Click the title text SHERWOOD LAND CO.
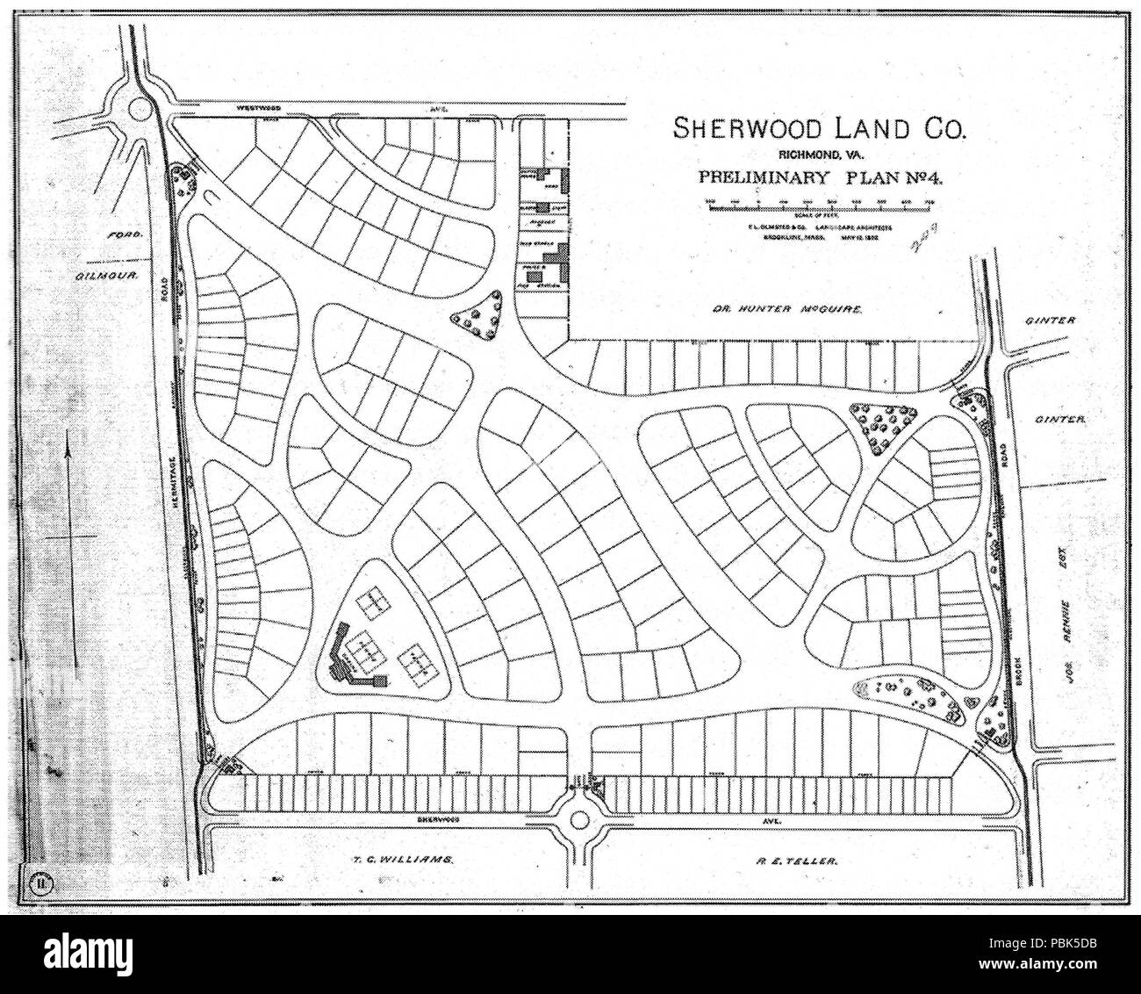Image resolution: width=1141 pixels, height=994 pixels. pyautogui.click(x=819, y=129)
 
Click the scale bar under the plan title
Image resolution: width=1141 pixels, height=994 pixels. pyautogui.click(x=817, y=205)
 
